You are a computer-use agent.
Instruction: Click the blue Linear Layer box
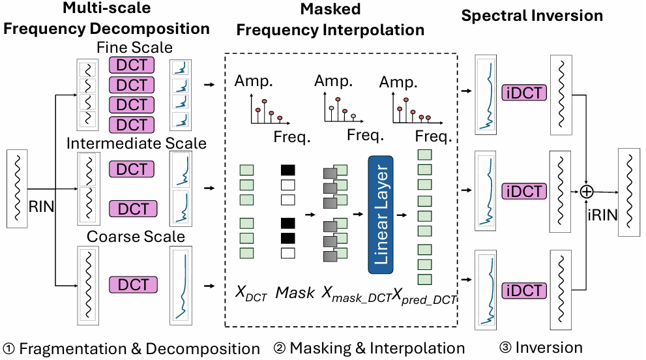tap(381, 215)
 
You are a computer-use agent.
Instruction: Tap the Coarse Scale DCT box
tap(134, 284)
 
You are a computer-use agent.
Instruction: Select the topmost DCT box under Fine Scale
tap(132, 65)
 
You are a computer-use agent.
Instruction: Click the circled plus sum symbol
tap(587, 191)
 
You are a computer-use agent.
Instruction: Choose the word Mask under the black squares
tap(295, 293)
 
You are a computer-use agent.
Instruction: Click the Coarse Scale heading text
tap(136, 236)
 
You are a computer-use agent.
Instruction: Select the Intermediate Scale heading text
tap(136, 143)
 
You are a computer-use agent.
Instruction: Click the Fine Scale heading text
tap(134, 48)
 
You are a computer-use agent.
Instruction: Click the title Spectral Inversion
tap(532, 16)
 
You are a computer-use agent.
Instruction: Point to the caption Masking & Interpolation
tap(370, 348)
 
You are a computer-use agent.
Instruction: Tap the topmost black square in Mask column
tap(287, 170)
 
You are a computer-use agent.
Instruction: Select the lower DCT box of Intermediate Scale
tap(134, 209)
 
